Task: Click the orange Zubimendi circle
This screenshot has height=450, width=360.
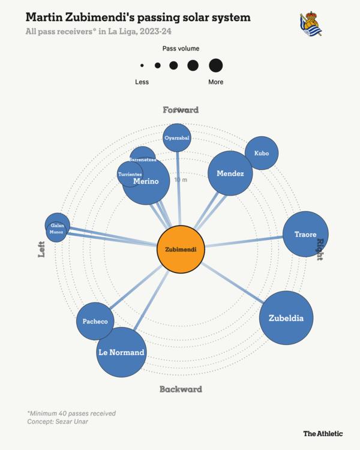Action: pyautogui.click(x=181, y=248)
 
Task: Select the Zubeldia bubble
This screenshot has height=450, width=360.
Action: pyautogui.click(x=286, y=318)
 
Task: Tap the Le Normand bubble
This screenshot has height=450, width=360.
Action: pyautogui.click(x=121, y=352)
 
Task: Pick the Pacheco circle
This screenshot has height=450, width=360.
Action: pyautogui.click(x=95, y=322)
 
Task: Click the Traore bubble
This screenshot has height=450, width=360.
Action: pyautogui.click(x=305, y=235)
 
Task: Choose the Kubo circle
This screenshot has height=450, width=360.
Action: pyautogui.click(x=262, y=153)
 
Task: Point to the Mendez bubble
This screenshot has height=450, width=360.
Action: pyautogui.click(x=230, y=173)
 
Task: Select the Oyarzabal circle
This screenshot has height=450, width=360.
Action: pyautogui.click(x=177, y=138)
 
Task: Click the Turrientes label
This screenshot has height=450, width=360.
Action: pyautogui.click(x=130, y=174)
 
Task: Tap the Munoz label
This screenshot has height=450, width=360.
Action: pyautogui.click(x=56, y=232)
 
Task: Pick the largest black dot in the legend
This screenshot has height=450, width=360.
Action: pyautogui.click(x=216, y=65)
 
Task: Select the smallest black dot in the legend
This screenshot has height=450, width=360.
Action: pyautogui.click(x=142, y=65)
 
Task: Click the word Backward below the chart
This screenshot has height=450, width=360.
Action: pyautogui.click(x=181, y=389)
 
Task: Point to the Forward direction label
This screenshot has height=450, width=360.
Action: pyautogui.click(x=181, y=110)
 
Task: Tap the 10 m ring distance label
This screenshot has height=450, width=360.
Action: pyautogui.click(x=181, y=180)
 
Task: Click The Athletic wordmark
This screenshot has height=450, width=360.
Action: pyautogui.click(x=323, y=433)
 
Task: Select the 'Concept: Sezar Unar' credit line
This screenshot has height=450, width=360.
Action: pyautogui.click(x=57, y=422)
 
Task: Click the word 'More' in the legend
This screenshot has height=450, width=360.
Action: pyautogui.click(x=215, y=82)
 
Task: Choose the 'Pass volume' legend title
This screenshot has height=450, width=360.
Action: pyautogui.click(x=181, y=48)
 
